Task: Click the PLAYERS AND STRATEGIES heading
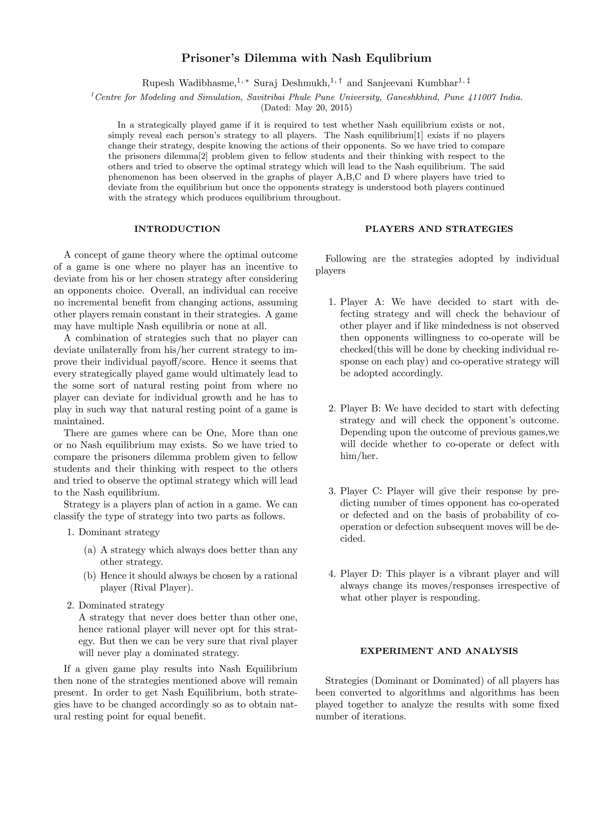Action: pos(439,229)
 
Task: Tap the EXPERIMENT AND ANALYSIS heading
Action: pos(439,651)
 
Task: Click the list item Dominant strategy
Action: pos(119,532)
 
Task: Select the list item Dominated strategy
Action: pos(121,606)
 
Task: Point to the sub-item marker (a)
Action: pos(90,550)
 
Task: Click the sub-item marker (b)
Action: pos(90,576)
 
